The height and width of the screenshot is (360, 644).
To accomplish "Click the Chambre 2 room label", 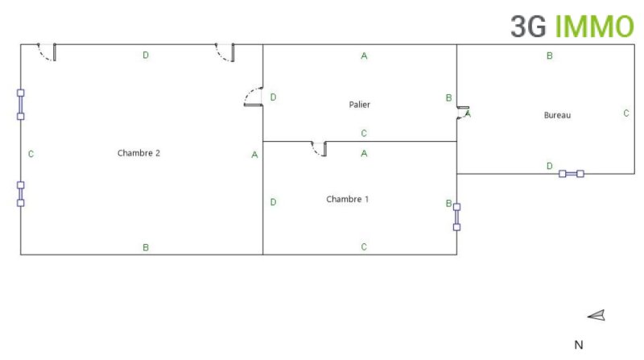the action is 138,153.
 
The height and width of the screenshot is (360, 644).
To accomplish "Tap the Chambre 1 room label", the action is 348,199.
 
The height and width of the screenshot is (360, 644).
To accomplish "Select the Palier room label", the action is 359,105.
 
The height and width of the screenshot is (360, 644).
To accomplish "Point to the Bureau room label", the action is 557,115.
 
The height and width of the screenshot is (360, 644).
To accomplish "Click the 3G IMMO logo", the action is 572,27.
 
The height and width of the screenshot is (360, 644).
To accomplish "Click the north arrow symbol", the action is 597,315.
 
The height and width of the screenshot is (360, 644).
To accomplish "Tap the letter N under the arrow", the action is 579,345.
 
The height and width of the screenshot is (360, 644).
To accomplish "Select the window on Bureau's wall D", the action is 572,174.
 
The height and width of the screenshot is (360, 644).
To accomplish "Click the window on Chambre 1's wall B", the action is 456,217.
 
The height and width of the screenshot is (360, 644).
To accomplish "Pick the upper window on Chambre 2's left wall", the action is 21,105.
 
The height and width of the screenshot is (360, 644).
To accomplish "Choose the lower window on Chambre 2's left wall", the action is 21,194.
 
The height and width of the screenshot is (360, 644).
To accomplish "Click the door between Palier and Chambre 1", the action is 319,149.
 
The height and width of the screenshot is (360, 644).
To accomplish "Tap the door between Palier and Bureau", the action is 463,113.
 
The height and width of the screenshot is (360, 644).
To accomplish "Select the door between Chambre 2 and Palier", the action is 253,97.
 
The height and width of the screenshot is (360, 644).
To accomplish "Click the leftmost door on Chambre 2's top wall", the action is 47,52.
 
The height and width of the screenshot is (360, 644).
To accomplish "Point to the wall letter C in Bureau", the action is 626,113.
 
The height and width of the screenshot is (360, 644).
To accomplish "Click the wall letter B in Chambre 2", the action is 146,247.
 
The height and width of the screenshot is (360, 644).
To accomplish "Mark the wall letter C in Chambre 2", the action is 31,154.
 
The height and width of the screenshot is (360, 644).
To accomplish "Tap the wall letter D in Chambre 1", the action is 273,202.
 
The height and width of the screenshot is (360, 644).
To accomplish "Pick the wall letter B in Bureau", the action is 550,56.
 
